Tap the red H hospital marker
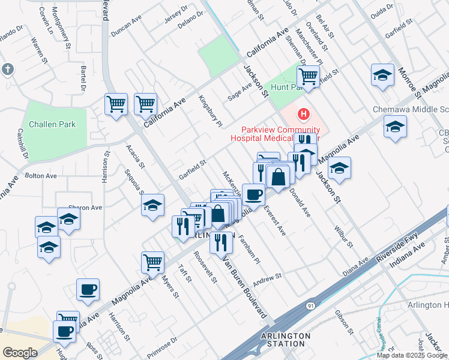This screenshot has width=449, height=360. pos(304,113)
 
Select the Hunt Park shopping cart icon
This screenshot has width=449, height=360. pos(308,77)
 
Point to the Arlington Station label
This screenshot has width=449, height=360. pos(286,340)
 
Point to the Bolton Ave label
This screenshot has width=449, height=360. pos(40,176)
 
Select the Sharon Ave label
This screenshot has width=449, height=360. pos(85,208)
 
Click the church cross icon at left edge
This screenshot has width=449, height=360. pos(7,69)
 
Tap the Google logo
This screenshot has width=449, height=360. pos(19,352)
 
